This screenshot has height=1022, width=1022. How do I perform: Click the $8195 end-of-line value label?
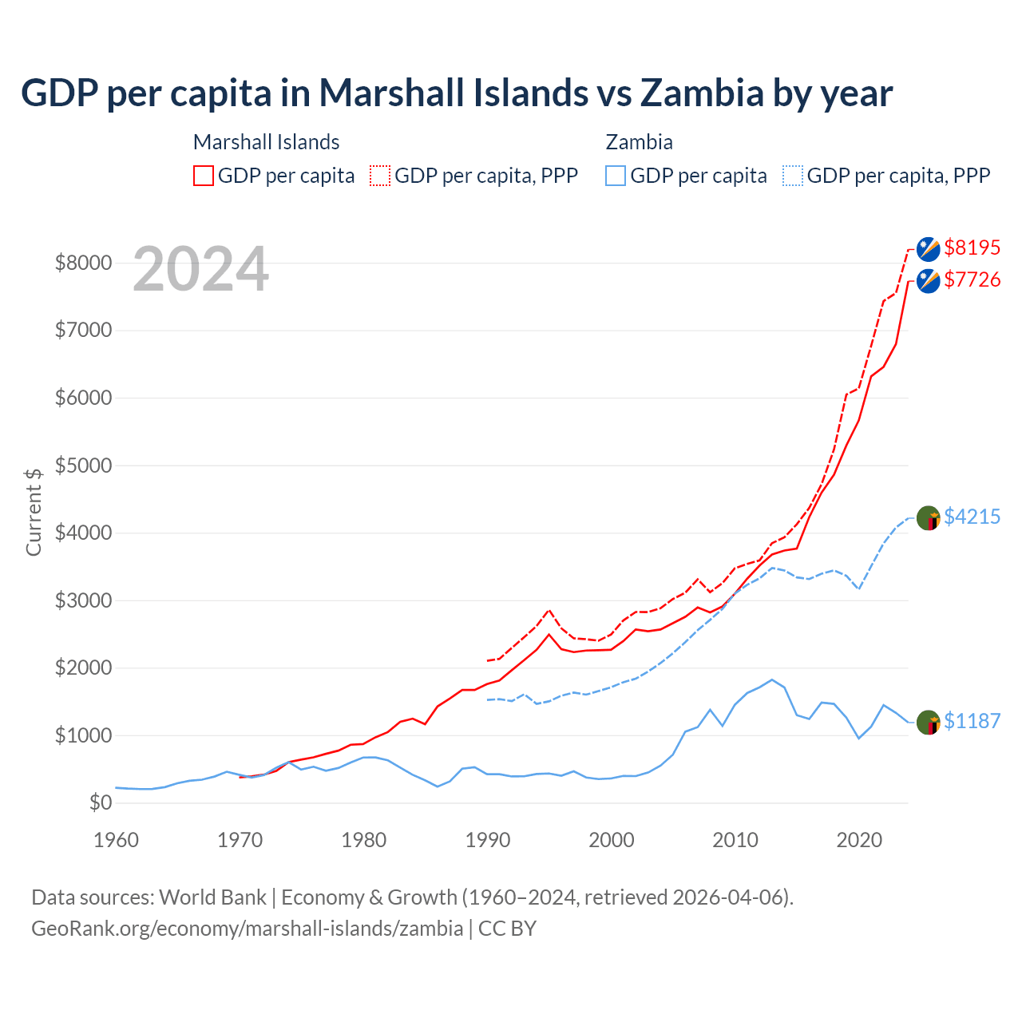tap(972, 248)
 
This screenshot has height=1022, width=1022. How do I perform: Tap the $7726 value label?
tap(972, 279)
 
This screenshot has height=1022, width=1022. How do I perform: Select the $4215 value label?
tap(972, 517)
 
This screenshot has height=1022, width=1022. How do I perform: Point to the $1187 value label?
tap(972, 721)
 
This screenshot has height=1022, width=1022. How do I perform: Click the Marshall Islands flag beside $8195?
tap(928, 249)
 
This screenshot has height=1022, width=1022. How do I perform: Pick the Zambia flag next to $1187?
tap(928, 723)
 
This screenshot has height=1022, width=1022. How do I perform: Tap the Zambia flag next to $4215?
tap(928, 518)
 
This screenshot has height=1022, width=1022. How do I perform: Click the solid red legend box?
tap(204, 176)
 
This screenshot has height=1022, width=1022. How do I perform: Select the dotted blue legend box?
tap(793, 176)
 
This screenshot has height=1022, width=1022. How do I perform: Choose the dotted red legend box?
tap(380, 176)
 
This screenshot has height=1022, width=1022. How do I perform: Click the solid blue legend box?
tap(616, 176)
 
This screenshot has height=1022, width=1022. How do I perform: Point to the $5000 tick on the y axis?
tap(83, 465)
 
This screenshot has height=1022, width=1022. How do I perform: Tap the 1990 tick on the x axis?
tap(488, 840)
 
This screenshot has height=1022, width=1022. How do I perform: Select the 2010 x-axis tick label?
tap(735, 840)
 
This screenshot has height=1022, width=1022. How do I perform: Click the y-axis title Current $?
tap(34, 512)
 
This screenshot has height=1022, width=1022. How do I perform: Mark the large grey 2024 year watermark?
tap(200, 270)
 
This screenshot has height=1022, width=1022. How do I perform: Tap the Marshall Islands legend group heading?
tap(267, 142)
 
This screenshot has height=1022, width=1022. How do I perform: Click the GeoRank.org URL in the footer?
tap(248, 929)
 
